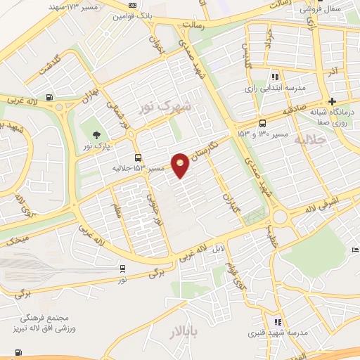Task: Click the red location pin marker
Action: tap(181, 165)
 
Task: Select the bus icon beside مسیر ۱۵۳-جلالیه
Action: tap(138, 158)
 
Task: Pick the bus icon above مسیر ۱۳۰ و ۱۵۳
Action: tap(262, 122)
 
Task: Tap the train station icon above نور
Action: tap(123, 268)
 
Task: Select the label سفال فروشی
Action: tap(320, 10)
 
